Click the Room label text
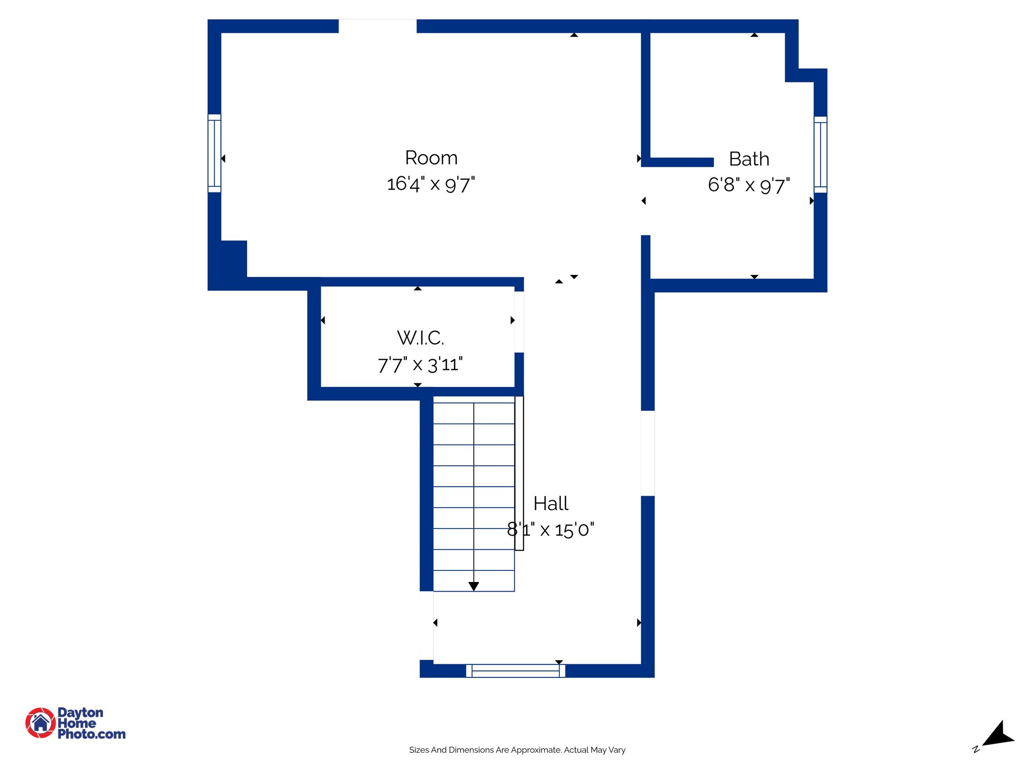[x=431, y=158]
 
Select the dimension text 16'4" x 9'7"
[x=431, y=184]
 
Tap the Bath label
[x=749, y=159]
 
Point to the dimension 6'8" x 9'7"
[x=749, y=185]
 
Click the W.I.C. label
[x=420, y=338]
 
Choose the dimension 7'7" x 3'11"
[x=420, y=364]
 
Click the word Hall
[x=551, y=504]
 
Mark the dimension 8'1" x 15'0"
[x=551, y=529]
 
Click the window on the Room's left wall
[x=214, y=153]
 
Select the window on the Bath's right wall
[x=820, y=155]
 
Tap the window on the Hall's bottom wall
[x=515, y=670]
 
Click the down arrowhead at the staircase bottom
[x=474, y=586]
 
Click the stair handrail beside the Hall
[x=519, y=473]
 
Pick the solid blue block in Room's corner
[x=233, y=259]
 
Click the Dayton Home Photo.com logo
[x=76, y=723]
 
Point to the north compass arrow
[x=998, y=736]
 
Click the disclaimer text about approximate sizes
[x=517, y=750]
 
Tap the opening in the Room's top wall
[x=378, y=26]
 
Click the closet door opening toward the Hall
[x=519, y=322]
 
